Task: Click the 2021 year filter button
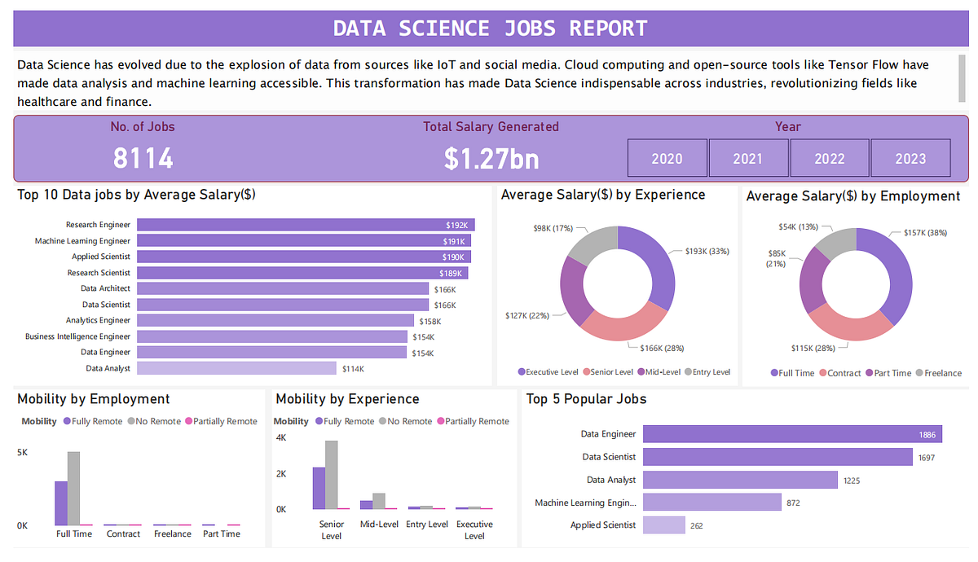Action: point(748,158)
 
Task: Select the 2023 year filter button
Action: point(911,158)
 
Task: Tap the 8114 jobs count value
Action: point(143,158)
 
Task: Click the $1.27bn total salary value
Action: point(491,158)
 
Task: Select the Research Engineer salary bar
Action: point(306,225)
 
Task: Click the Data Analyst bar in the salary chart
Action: point(236,368)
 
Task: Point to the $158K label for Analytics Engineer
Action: point(430,322)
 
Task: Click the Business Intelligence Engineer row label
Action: point(77,336)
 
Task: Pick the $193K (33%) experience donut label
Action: point(707,252)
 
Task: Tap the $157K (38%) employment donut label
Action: point(925,233)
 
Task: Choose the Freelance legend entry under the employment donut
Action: point(939,373)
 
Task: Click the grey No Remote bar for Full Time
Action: point(74,488)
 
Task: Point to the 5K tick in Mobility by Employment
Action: point(22,453)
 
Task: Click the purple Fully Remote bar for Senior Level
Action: point(319,488)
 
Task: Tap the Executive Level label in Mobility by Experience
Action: point(474,529)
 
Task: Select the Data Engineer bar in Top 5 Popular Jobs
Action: point(792,434)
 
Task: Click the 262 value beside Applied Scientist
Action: point(696,526)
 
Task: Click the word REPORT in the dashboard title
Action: point(608,29)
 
